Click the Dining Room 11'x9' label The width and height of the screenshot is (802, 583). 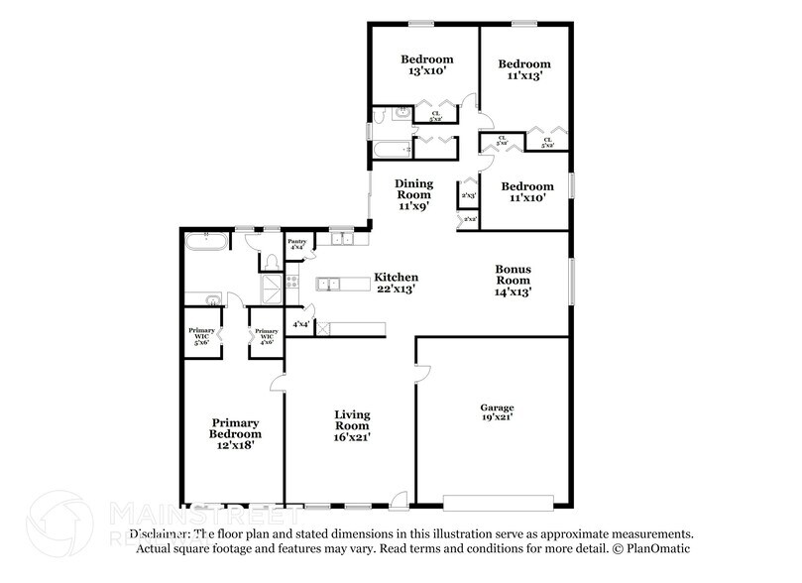(x=413, y=194)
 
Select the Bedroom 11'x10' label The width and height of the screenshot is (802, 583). (x=526, y=192)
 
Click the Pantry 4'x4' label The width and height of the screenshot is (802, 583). (x=296, y=244)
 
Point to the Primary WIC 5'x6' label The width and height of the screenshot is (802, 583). (x=202, y=337)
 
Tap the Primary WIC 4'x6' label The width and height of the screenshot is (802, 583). (x=265, y=337)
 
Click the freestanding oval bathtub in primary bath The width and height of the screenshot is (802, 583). (x=206, y=240)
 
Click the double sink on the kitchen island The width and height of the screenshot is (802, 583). (x=330, y=285)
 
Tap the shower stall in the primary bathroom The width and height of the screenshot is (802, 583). (x=271, y=289)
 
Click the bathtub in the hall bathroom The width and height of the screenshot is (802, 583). (x=391, y=151)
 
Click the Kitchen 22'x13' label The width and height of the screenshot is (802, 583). (x=396, y=284)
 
